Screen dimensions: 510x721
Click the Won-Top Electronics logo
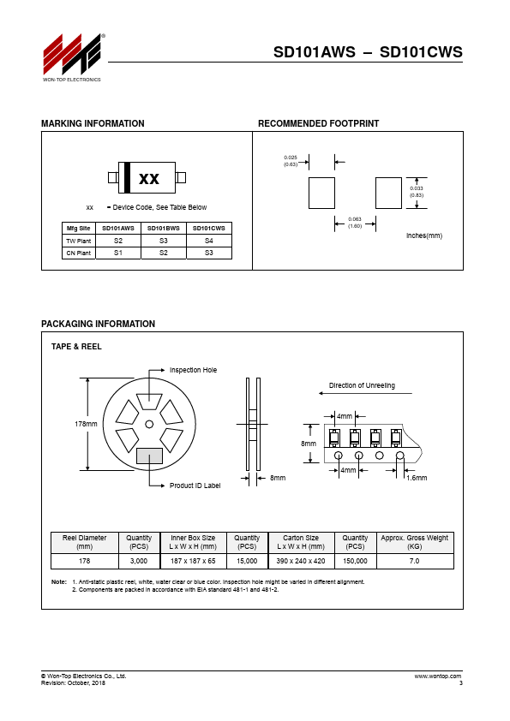click(x=72, y=57)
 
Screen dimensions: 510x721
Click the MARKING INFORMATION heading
click(x=93, y=123)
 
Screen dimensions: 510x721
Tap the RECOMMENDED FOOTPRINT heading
click(x=318, y=123)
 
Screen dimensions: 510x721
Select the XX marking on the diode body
click(x=149, y=178)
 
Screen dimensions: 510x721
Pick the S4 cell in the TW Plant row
click(x=209, y=241)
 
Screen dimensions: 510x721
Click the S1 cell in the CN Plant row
click(x=118, y=253)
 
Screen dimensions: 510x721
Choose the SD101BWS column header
click(x=164, y=228)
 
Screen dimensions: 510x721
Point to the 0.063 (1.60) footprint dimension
click(x=355, y=223)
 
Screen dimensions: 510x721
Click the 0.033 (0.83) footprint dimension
click(x=417, y=192)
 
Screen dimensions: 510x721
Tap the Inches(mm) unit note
click(x=424, y=235)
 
